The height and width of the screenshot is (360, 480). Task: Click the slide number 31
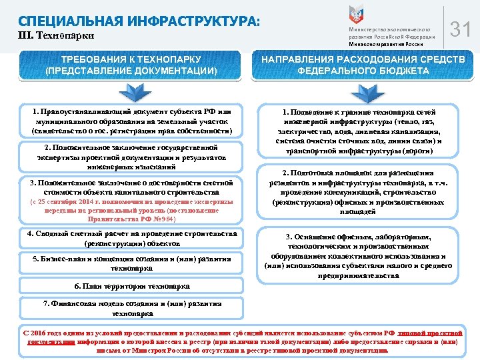click(461, 29)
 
